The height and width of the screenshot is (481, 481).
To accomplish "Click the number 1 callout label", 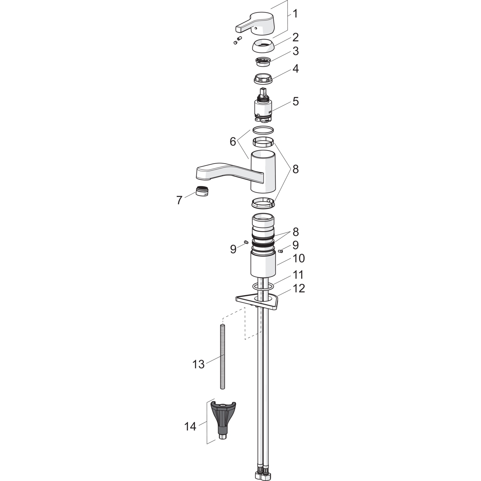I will click(295, 14).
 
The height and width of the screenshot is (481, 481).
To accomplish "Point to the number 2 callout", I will click(295, 37).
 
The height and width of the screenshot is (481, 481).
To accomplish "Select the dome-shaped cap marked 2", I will click(263, 46).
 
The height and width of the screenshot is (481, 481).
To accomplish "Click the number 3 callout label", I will click(295, 51).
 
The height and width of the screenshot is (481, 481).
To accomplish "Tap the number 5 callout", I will click(295, 101).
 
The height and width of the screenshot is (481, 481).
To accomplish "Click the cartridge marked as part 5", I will click(263, 107).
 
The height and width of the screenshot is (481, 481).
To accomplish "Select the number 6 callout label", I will click(233, 141).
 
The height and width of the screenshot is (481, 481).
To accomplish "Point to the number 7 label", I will click(179, 200).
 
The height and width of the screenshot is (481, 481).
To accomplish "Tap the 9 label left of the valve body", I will click(233, 249).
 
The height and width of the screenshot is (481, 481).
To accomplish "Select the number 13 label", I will click(198, 364).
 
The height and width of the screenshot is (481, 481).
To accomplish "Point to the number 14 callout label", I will click(190, 426).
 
